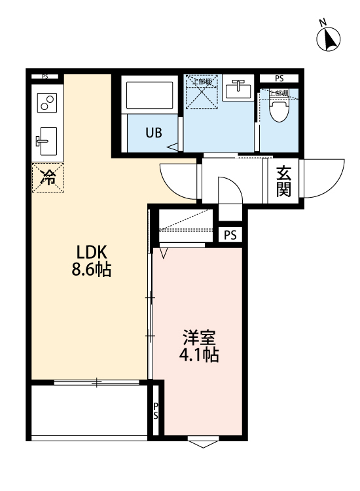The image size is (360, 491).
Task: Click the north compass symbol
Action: (x=329, y=39)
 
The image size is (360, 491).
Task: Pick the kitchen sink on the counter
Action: (x=46, y=139)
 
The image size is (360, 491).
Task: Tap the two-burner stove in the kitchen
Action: (x=46, y=103)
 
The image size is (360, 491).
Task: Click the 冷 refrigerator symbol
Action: (x=48, y=177)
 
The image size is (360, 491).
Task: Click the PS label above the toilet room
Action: (x=279, y=79)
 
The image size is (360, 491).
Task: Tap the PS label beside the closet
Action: (x=230, y=234)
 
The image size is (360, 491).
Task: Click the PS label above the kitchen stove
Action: (x=45, y=77)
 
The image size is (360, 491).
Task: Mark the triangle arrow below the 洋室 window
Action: (x=202, y=445)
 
